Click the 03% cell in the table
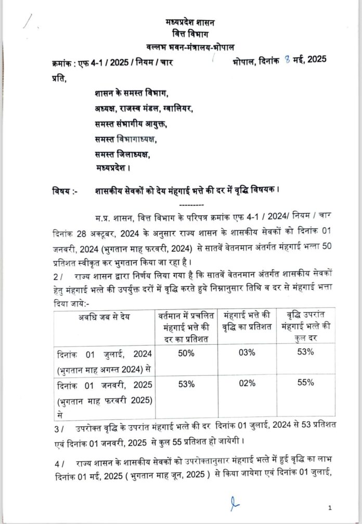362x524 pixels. pos(247,353)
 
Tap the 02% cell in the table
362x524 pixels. pos(247,384)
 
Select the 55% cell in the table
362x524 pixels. pos(306,383)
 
